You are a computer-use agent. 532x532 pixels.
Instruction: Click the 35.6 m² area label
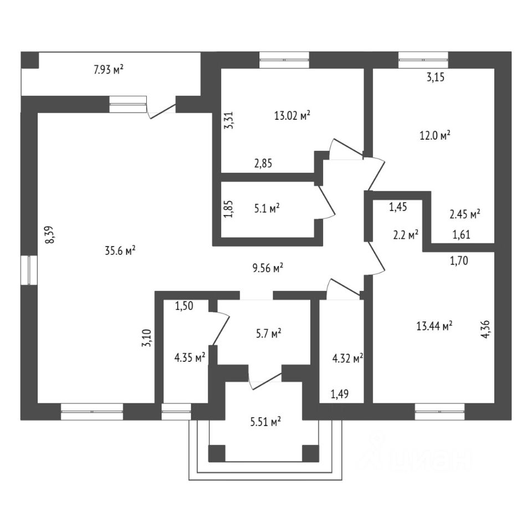pyautogui.click(x=120, y=250)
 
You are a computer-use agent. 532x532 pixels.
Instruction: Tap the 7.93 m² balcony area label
pyautogui.click(x=108, y=69)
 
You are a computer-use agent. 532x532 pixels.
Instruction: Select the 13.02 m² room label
pyautogui.click(x=291, y=116)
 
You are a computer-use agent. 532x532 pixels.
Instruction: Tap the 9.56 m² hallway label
pyautogui.click(x=268, y=268)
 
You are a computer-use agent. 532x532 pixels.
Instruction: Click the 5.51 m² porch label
pyautogui.click(x=264, y=422)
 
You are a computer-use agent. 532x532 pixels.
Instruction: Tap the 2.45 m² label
pyautogui.click(x=464, y=213)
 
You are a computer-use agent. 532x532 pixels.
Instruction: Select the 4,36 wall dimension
pyautogui.click(x=486, y=328)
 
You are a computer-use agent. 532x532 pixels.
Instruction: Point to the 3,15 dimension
pyautogui.click(x=436, y=78)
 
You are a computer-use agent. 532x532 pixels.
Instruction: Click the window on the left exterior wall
pyautogui.click(x=27, y=270)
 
